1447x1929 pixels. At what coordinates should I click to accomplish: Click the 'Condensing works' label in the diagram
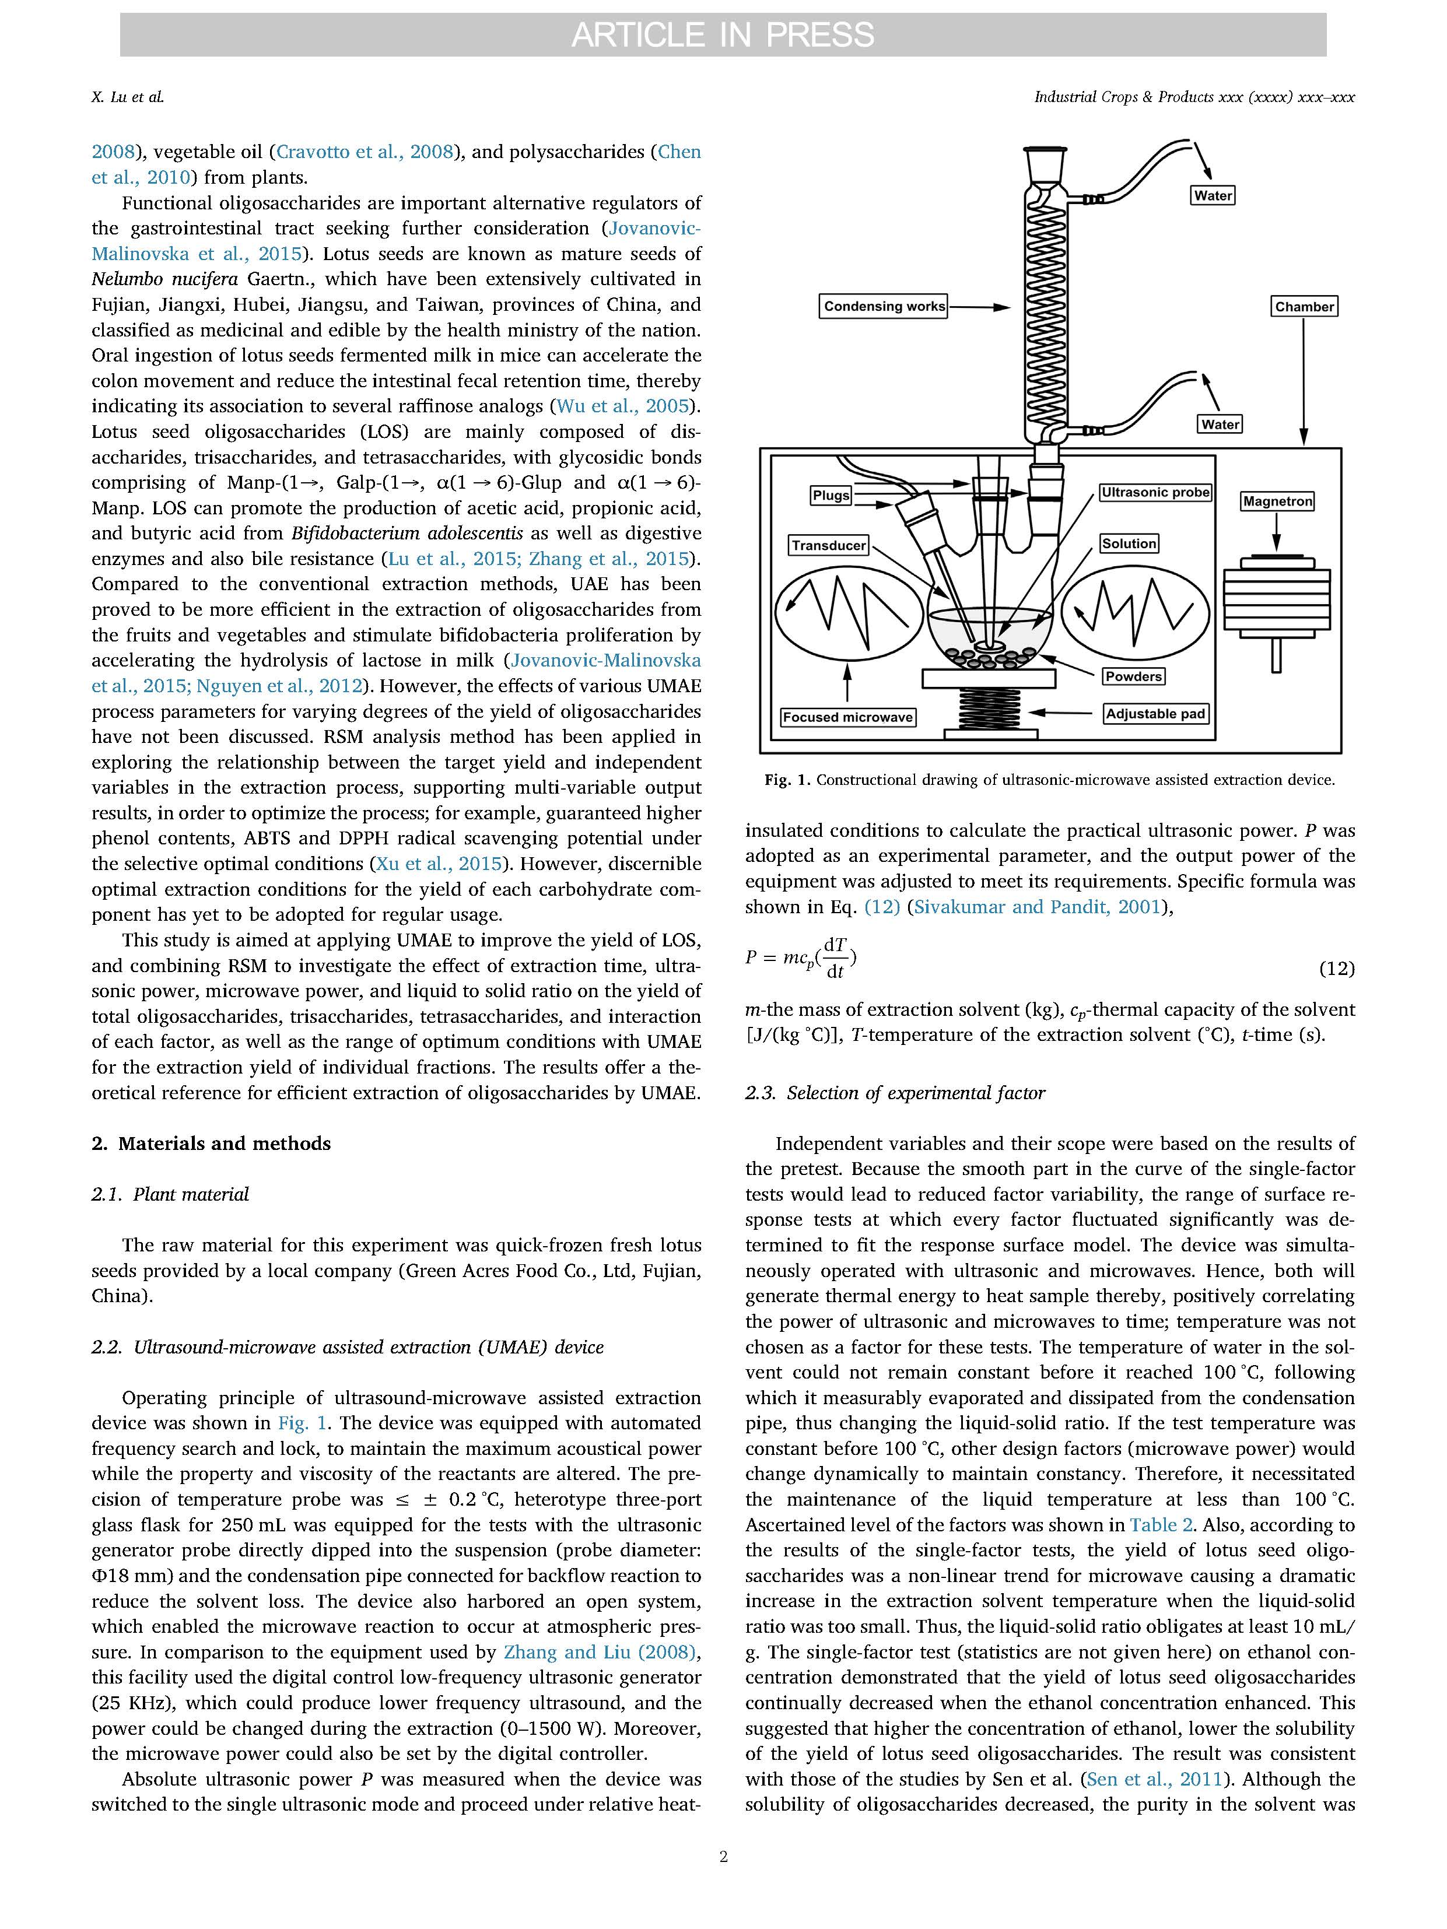coord(884,306)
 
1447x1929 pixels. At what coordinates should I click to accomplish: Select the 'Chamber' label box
coord(1304,306)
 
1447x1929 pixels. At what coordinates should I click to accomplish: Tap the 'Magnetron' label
coord(1277,501)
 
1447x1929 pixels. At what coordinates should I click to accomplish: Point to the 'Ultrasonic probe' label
coord(1155,493)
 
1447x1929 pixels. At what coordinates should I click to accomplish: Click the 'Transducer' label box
coord(829,546)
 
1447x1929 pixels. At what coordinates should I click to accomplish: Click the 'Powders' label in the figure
coord(1134,676)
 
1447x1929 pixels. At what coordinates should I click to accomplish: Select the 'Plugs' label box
coord(831,495)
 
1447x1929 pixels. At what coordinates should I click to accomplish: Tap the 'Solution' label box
coord(1129,543)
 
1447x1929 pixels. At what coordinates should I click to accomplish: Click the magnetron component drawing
coord(1277,602)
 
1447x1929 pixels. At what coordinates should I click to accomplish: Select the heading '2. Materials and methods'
coord(211,1144)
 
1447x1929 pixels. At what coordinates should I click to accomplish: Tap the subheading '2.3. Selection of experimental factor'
coord(895,1093)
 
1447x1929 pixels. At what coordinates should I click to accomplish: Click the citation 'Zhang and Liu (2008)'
coord(600,1651)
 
